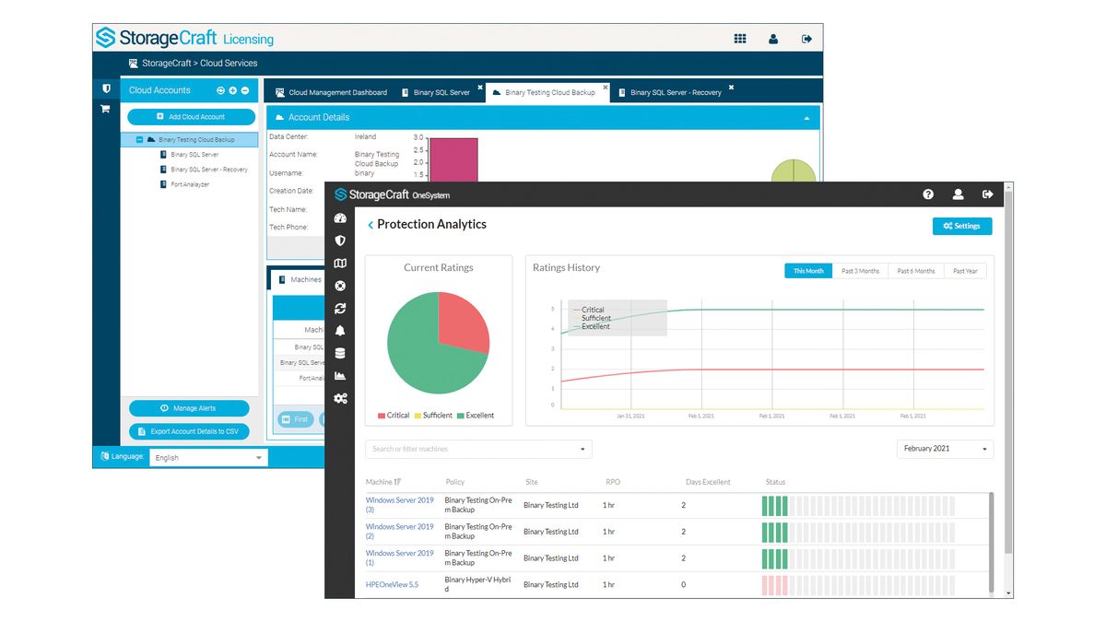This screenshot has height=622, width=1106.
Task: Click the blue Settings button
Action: tap(961, 226)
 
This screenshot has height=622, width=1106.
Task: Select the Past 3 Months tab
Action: tap(860, 271)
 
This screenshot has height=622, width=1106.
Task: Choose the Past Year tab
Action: tap(965, 271)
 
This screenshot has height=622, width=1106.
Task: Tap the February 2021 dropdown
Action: tap(944, 449)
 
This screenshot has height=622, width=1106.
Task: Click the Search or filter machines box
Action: tap(478, 449)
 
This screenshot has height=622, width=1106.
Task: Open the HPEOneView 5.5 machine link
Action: tap(392, 584)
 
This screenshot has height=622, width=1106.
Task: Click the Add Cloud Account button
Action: tap(191, 117)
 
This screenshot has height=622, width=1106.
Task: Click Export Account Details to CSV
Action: tap(189, 431)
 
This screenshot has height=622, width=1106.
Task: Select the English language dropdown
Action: tap(208, 457)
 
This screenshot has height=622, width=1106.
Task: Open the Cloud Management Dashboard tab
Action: tap(331, 92)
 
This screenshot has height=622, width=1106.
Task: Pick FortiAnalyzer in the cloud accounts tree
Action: tap(190, 184)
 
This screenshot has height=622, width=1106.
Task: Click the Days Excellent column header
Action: tap(708, 482)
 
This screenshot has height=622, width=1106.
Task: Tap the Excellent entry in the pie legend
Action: tap(476, 416)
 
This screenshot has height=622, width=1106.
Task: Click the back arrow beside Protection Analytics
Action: tap(371, 225)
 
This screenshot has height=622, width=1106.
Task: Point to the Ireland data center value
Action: tap(366, 136)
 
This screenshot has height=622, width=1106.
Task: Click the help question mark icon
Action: tap(928, 194)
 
